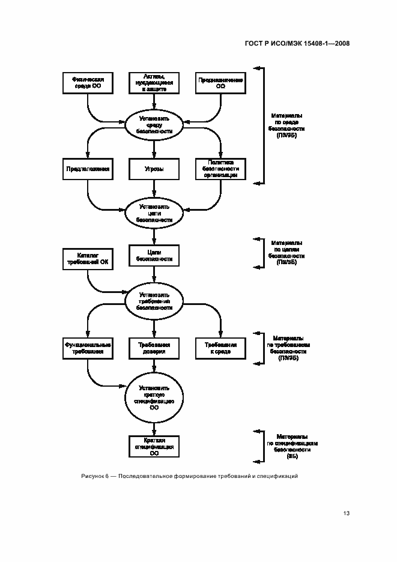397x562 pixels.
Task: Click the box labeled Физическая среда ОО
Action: pyautogui.click(x=88, y=83)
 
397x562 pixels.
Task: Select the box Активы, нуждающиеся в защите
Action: pyautogui.click(x=154, y=83)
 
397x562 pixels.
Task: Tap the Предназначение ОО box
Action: pyautogui.click(x=220, y=83)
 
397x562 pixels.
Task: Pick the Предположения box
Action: pyautogui.click(x=88, y=169)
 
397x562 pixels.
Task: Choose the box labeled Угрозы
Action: pyautogui.click(x=154, y=169)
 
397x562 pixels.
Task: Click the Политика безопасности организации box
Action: pyautogui.click(x=220, y=169)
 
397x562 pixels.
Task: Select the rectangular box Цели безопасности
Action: pyautogui.click(x=154, y=256)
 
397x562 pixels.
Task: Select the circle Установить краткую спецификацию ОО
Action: pyautogui.click(x=154, y=397)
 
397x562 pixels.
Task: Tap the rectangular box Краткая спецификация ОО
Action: pyautogui.click(x=154, y=447)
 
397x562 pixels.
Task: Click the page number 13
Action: pyautogui.click(x=346, y=513)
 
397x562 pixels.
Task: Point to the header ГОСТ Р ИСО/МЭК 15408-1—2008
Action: pyautogui.click(x=297, y=43)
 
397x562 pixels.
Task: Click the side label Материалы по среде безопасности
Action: pyautogui.click(x=286, y=125)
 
